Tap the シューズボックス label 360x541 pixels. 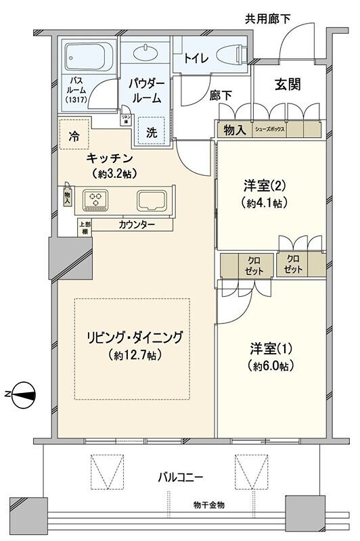coord(269,128)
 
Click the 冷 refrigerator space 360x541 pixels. coord(73,135)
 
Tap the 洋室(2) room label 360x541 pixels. coord(260,185)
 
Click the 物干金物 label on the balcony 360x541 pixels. coord(208,505)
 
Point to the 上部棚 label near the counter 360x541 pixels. coord(66,228)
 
